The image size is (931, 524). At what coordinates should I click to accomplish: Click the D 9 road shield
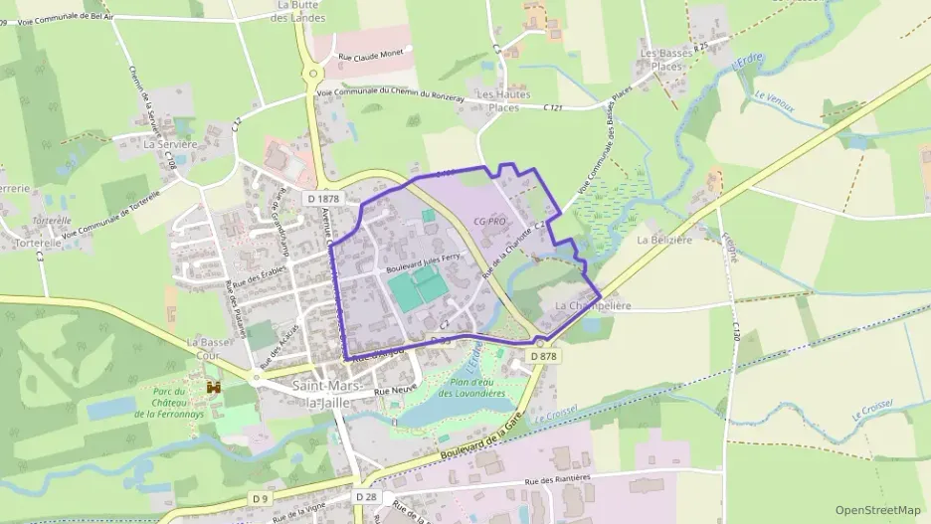coord(260,497)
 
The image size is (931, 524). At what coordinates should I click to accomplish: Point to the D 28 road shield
coord(367,496)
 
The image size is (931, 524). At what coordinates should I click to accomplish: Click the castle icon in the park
coord(212,386)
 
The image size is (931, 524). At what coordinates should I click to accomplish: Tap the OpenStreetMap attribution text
coord(878,510)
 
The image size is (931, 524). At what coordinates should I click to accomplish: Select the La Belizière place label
coord(663,240)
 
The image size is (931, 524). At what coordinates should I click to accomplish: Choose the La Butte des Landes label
coord(292,11)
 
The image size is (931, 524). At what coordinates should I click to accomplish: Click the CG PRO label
coord(491,221)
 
